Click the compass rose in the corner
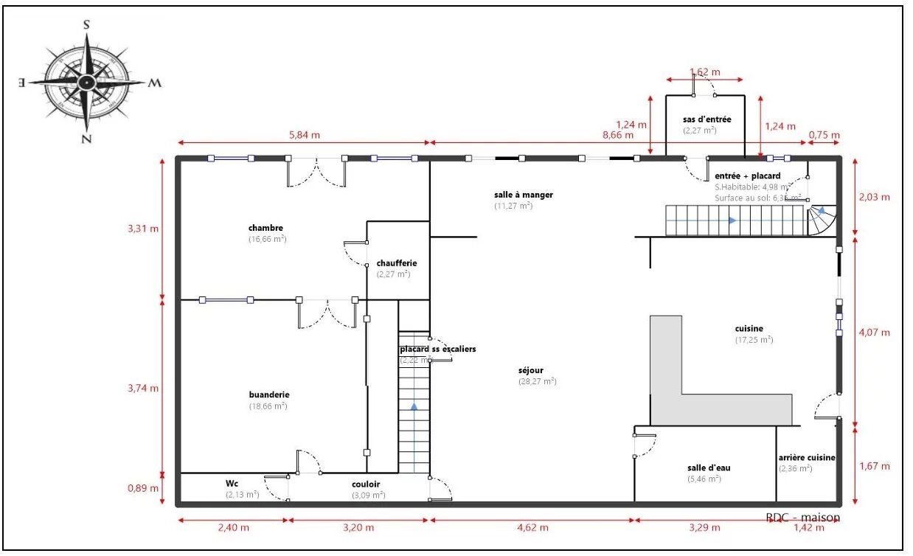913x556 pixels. tap(87, 82)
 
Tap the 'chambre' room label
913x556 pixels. tap(265, 228)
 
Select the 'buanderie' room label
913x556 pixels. tap(268, 395)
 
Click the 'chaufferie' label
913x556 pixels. tap(397, 263)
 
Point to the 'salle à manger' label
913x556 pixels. tap(524, 195)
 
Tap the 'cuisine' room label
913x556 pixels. tap(749, 329)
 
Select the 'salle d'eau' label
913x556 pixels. tap(704, 468)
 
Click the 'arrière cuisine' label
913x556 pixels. tap(807, 457)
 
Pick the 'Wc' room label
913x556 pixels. tap(232, 484)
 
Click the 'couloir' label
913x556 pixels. tap(367, 484)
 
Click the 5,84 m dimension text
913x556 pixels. tap(305, 136)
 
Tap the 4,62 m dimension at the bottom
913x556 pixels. tap(532, 528)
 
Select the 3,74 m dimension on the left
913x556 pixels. tap(143, 389)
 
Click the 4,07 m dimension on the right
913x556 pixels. tap(875, 333)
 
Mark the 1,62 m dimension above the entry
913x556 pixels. tap(704, 72)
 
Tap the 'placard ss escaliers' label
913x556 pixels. tap(438, 349)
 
